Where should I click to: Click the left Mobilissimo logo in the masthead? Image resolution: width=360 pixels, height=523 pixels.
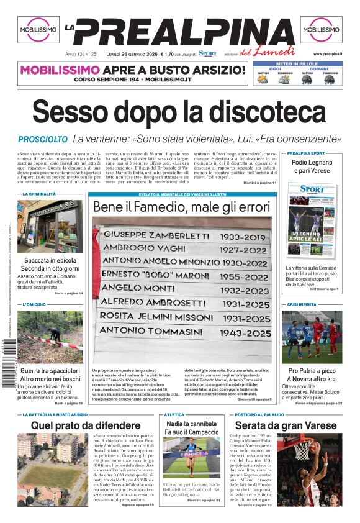(x=39, y=29)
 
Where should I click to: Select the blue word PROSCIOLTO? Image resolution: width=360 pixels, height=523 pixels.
(x=42, y=140)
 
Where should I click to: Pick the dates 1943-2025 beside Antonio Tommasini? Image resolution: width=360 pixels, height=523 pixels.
(x=245, y=332)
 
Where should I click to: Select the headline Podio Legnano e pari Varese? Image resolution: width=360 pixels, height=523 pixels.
(x=312, y=166)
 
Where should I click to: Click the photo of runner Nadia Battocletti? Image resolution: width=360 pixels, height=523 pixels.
(x=191, y=457)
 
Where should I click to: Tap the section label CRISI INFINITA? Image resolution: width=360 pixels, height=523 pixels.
(x=302, y=305)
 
